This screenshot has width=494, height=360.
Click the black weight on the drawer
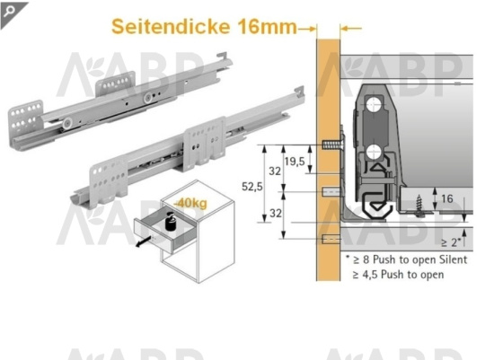(168, 220)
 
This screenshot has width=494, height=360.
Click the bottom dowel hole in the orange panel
(329, 238)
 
